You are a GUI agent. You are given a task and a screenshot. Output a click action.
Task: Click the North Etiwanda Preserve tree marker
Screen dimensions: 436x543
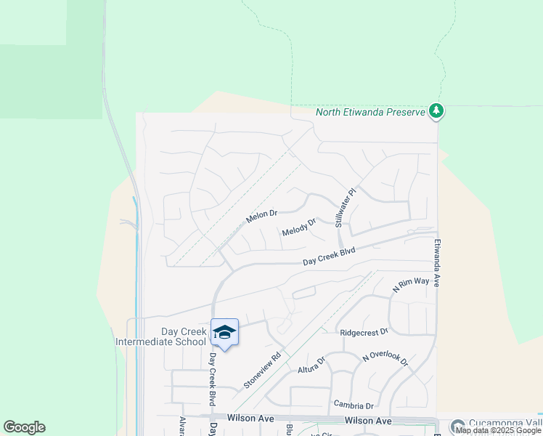point(436,111)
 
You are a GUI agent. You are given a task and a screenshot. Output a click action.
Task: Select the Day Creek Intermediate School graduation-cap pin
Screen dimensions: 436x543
point(224,333)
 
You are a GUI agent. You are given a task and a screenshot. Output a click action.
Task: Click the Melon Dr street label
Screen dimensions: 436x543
point(261,216)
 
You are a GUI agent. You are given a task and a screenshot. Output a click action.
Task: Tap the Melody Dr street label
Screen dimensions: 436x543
point(299,227)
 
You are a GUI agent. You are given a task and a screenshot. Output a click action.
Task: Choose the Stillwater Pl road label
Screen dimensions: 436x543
point(345,209)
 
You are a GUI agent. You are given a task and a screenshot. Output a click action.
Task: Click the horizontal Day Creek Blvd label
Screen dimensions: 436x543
point(329,256)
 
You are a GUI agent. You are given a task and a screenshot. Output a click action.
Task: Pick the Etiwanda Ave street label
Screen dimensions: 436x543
point(437,263)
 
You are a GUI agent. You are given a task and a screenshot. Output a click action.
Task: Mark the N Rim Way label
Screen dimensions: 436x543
point(410,283)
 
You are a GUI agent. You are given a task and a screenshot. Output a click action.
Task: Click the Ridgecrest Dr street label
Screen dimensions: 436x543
point(364,331)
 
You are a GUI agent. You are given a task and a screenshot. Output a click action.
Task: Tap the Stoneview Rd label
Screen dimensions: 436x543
point(262,371)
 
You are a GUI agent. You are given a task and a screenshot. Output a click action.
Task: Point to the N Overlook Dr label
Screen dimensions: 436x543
point(385,360)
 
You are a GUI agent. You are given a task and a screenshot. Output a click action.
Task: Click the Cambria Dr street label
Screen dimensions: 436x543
point(354,405)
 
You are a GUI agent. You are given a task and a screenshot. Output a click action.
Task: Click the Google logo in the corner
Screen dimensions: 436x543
point(24,427)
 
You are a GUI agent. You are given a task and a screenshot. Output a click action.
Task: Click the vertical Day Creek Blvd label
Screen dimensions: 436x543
point(213,379)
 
